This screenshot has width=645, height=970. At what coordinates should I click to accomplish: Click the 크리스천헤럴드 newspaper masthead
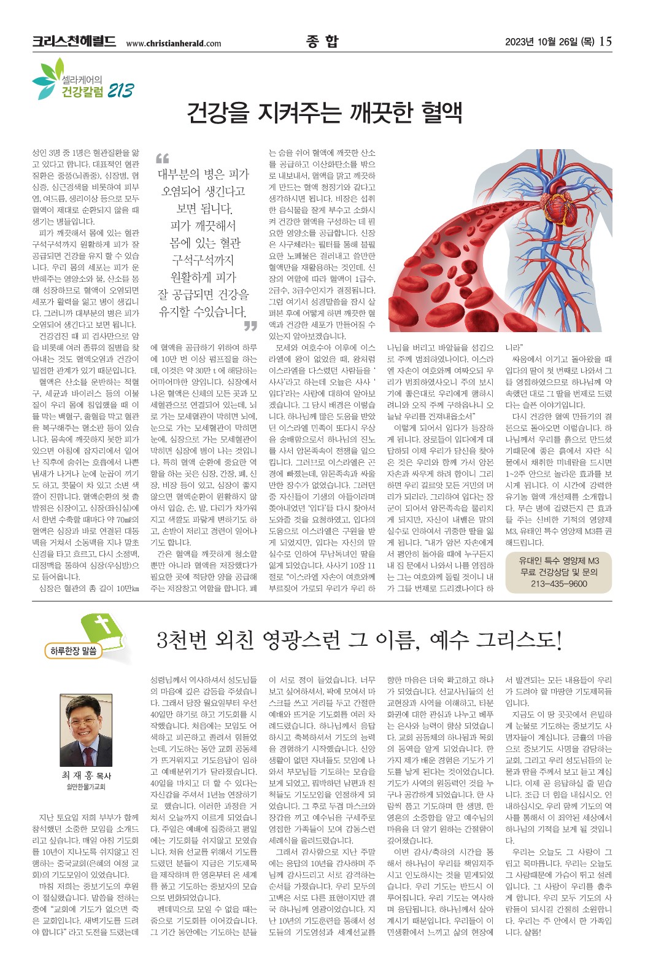pyautogui.click(x=74, y=42)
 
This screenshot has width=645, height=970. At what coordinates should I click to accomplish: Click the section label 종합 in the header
pyautogui.click(x=322, y=41)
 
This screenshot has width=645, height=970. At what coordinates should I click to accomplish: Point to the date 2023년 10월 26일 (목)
pyautogui.click(x=549, y=42)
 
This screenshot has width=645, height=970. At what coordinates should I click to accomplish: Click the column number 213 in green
pyautogui.click(x=120, y=91)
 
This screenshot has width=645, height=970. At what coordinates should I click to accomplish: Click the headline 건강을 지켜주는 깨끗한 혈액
pyautogui.click(x=324, y=114)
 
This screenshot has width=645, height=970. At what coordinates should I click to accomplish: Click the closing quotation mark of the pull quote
pyautogui.click(x=250, y=325)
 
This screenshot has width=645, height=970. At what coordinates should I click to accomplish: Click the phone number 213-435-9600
pyautogui.click(x=558, y=584)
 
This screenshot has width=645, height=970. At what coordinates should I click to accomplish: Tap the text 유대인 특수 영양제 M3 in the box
pyautogui.click(x=558, y=561)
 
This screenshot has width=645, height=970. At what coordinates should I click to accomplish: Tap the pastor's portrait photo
pyautogui.click(x=86, y=731)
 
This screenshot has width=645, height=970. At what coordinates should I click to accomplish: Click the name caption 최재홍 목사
pyautogui.click(x=86, y=776)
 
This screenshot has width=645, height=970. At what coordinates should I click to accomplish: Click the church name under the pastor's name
pyautogui.click(x=86, y=787)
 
